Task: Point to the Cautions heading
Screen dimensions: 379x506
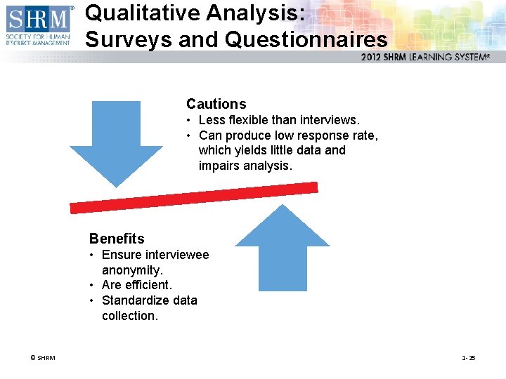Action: point(216,105)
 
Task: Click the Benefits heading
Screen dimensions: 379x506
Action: point(117,239)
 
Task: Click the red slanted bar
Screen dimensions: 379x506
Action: point(194,197)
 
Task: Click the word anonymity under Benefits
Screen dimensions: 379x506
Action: point(132,270)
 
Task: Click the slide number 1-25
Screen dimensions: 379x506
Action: point(469,358)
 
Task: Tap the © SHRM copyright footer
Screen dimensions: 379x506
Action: point(42,358)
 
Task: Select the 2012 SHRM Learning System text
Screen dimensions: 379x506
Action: point(424,57)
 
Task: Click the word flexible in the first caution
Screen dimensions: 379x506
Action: point(251,121)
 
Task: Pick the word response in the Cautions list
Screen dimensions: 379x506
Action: point(319,135)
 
